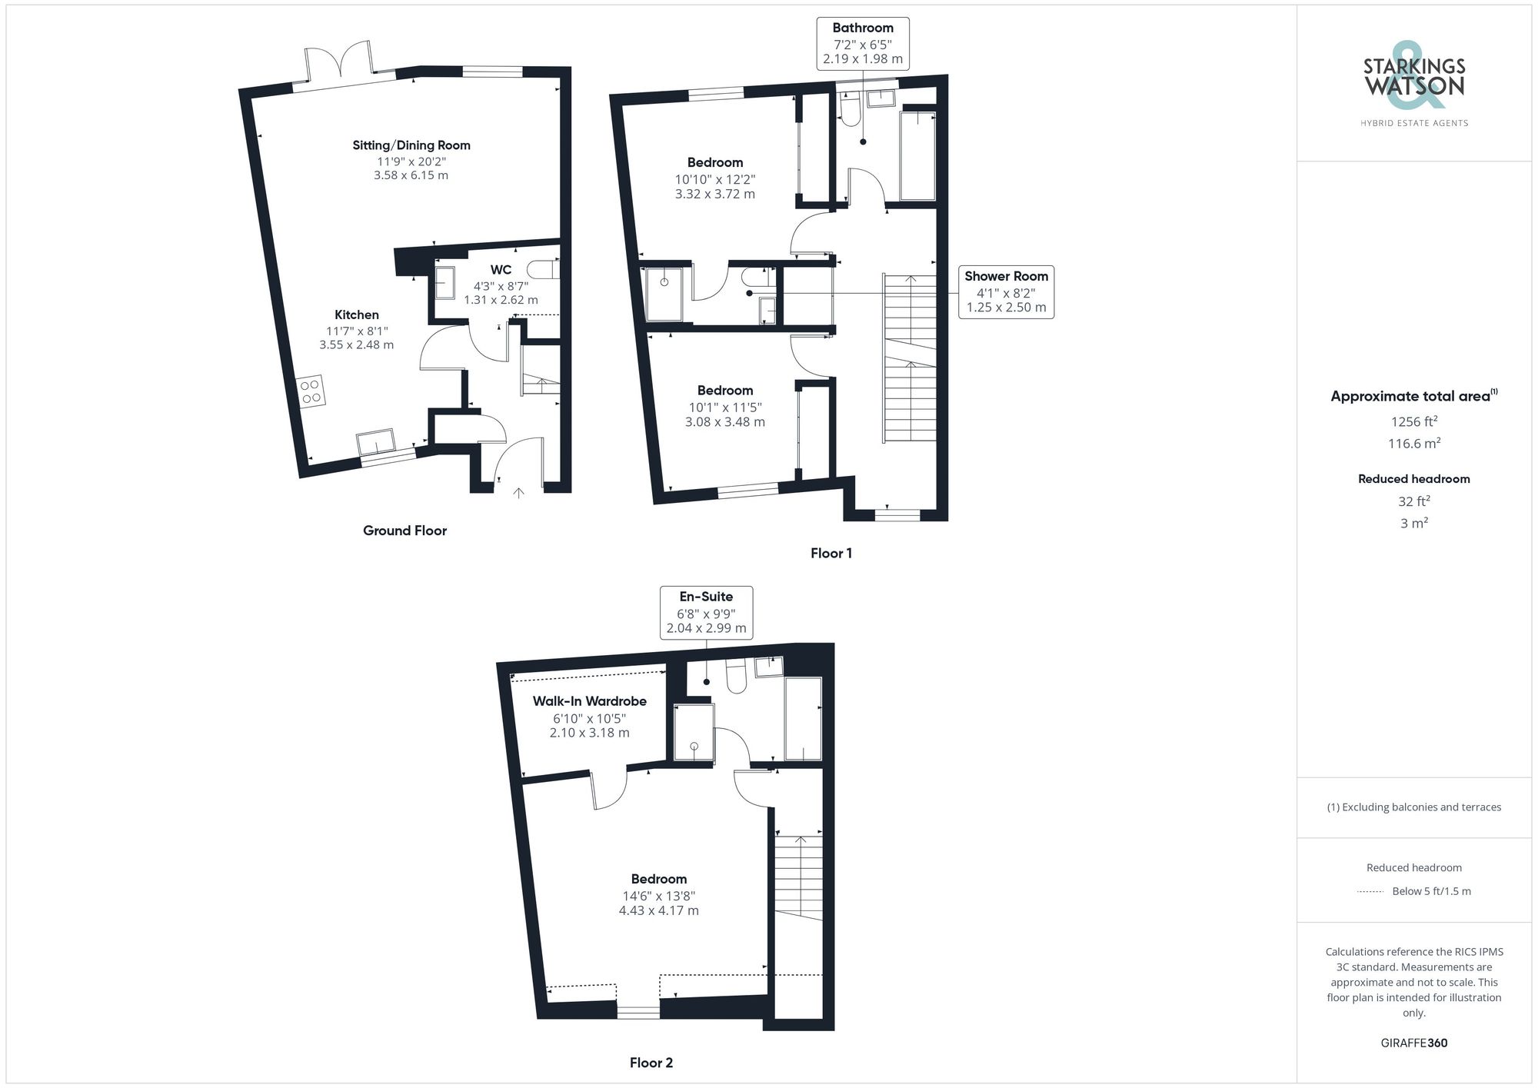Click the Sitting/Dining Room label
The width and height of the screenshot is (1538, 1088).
(x=411, y=145)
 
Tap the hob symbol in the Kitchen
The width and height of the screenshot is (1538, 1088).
(x=311, y=391)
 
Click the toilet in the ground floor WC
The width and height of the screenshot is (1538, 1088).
(x=544, y=270)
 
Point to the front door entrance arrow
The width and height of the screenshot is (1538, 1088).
(x=518, y=493)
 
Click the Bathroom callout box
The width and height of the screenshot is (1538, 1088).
(x=862, y=43)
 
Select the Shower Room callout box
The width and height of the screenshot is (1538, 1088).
(x=1006, y=291)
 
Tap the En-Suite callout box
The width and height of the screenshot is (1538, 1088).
(x=706, y=612)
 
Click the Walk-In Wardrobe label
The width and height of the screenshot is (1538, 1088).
(x=589, y=701)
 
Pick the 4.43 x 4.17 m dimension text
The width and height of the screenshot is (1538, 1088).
(x=658, y=910)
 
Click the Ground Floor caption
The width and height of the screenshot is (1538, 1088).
(x=404, y=531)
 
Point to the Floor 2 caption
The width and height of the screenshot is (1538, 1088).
(x=651, y=1063)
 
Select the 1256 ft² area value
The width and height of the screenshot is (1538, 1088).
(x=1413, y=421)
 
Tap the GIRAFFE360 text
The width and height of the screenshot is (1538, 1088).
(x=1413, y=1043)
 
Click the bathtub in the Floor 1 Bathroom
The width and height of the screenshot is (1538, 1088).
(x=917, y=155)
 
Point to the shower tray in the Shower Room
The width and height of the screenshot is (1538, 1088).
(x=664, y=294)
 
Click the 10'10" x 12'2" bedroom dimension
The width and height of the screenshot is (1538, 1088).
(x=714, y=179)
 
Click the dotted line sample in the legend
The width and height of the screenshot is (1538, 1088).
(x=1370, y=892)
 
